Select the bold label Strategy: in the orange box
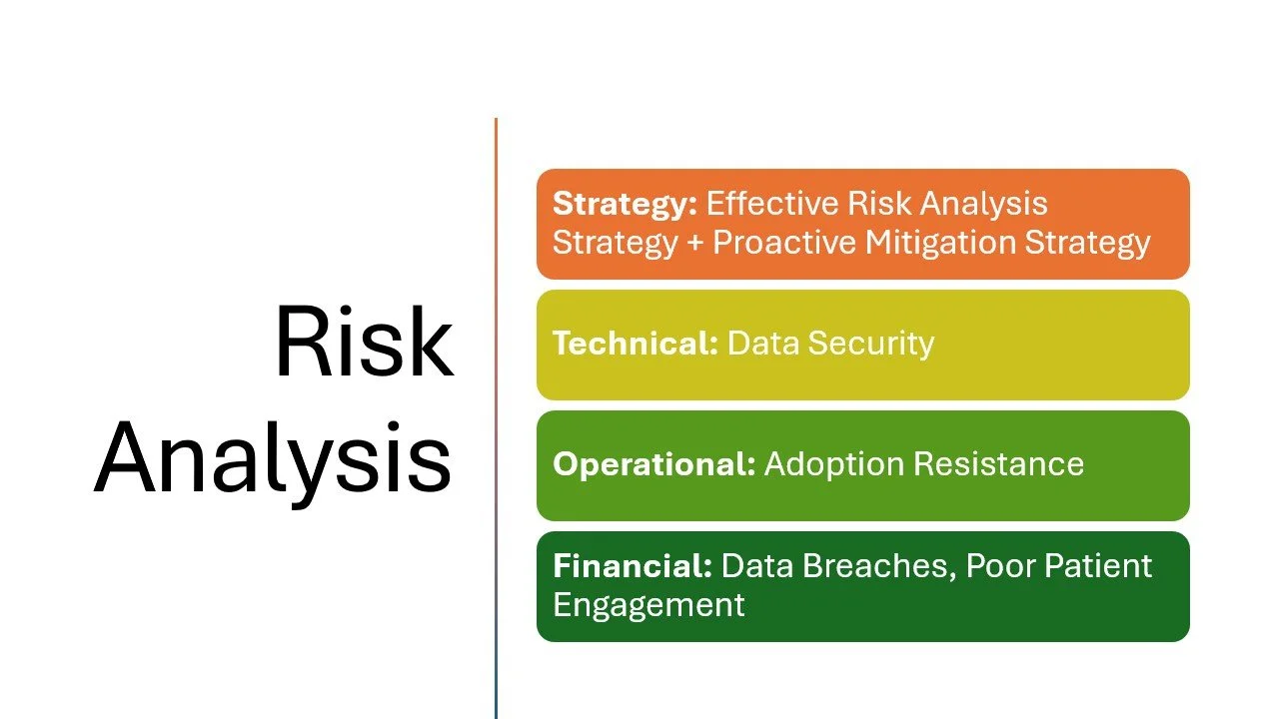(624, 204)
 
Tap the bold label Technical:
(635, 344)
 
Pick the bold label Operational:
(653, 464)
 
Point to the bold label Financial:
(632, 566)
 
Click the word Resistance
(999, 464)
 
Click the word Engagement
(648, 605)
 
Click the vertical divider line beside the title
(496, 419)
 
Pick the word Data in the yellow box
(762, 344)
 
